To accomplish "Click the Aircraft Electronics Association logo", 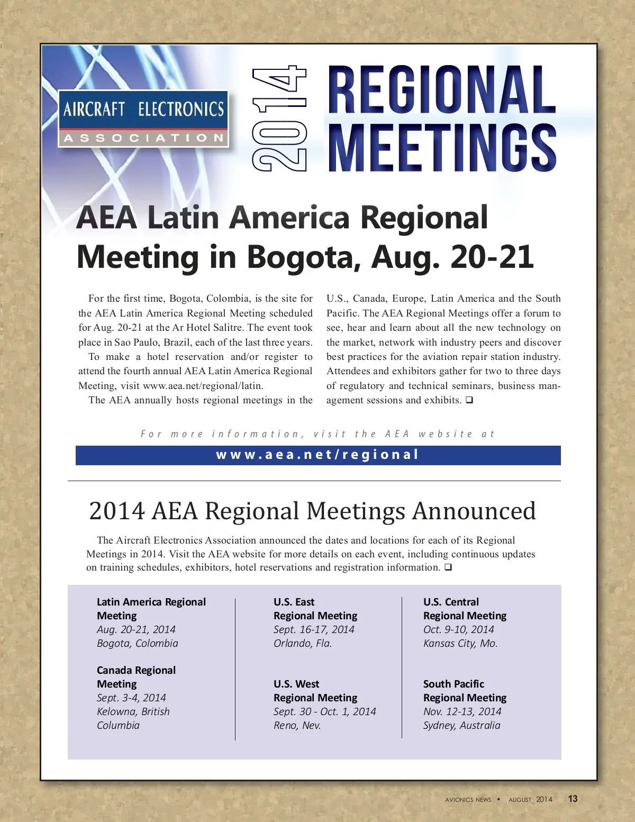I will pyautogui.click(x=143, y=119).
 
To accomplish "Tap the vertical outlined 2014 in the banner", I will pyautogui.click(x=279, y=119).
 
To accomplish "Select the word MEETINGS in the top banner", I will pyautogui.click(x=442, y=148).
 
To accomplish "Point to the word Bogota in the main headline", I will pyautogui.click(x=303, y=257).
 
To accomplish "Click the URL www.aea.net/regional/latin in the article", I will pyautogui.click(x=203, y=386).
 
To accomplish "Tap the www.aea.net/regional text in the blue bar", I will pyautogui.click(x=317, y=455).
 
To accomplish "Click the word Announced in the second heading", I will pyautogui.click(x=474, y=511).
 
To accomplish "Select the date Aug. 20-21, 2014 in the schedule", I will pyautogui.click(x=136, y=629).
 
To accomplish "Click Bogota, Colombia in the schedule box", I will pyautogui.click(x=138, y=643).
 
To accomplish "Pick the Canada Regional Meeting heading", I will pyautogui.click(x=136, y=677).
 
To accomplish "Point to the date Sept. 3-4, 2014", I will pyautogui.click(x=131, y=698).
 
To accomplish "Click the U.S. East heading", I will pyautogui.click(x=294, y=602).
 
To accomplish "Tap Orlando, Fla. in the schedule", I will pyautogui.click(x=303, y=643).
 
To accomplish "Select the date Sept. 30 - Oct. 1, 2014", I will pyautogui.click(x=324, y=711).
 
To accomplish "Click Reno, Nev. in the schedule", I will pyautogui.click(x=297, y=725).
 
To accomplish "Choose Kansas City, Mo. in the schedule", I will pyautogui.click(x=460, y=643).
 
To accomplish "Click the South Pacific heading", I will pyautogui.click(x=453, y=684).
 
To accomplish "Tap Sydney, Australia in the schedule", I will pyautogui.click(x=461, y=725).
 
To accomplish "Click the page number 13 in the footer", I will pyautogui.click(x=573, y=799).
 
